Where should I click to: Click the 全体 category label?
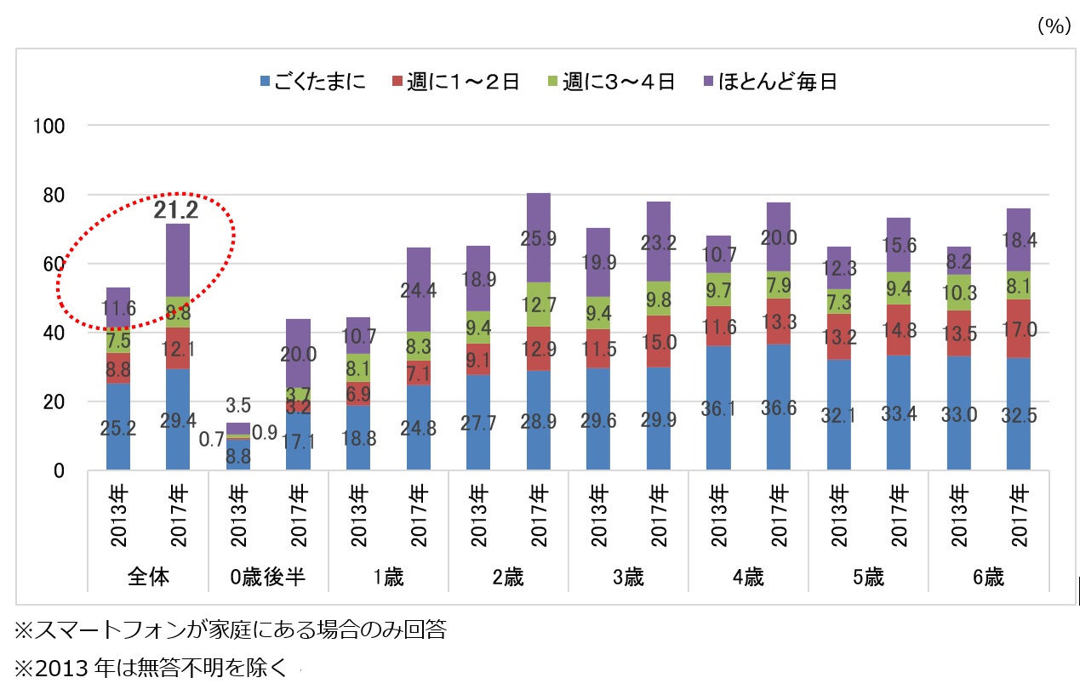pos(148,578)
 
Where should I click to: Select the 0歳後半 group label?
pos(269,578)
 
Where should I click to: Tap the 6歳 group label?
pos(989,578)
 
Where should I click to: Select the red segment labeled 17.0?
pos(1018,328)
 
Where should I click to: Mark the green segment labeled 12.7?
pos(539,304)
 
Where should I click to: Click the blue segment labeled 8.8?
pos(238,455)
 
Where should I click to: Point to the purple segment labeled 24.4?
pos(419,289)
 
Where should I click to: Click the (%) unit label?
pos(1053,26)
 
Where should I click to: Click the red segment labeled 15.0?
pos(659,341)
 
